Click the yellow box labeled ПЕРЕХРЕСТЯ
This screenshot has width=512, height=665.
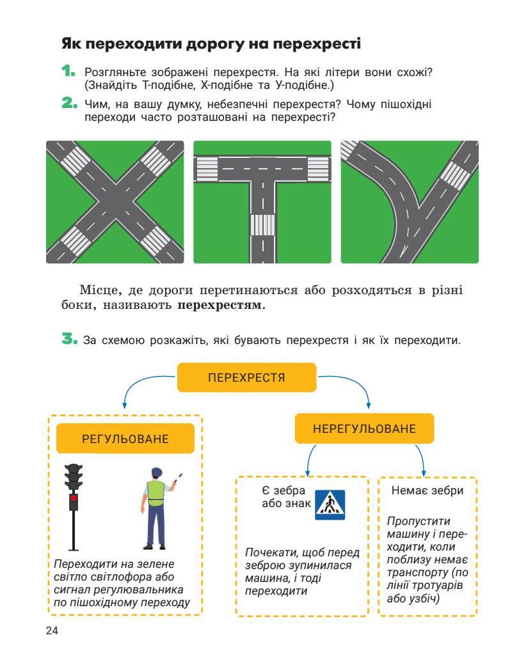point(246,377)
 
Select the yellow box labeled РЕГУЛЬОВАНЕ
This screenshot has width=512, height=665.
point(125,439)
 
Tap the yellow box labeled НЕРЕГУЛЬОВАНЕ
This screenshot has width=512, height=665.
point(364,428)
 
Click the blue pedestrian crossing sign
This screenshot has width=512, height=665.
point(330,505)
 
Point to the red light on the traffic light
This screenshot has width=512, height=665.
point(74,497)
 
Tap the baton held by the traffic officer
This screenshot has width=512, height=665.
point(180,476)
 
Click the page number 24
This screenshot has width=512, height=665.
point(52,631)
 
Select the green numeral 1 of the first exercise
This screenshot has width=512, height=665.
point(68,71)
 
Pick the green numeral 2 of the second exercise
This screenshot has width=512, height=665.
point(68,103)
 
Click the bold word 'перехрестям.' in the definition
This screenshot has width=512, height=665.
point(221,305)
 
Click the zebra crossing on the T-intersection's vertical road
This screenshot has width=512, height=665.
point(262,224)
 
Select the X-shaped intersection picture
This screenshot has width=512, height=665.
point(115,201)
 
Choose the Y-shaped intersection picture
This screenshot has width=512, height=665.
point(410,201)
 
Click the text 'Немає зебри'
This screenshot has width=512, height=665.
point(427,490)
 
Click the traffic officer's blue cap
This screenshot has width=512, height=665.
point(156,472)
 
